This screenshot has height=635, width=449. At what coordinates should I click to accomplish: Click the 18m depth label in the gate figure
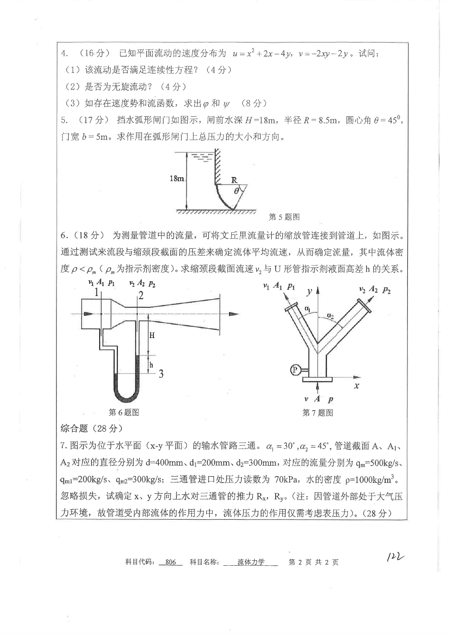[177, 179]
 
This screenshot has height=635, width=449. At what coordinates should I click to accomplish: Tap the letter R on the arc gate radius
[234, 180]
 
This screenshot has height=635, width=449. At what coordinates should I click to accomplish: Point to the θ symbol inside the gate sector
[236, 191]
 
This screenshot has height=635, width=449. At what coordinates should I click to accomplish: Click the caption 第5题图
[284, 217]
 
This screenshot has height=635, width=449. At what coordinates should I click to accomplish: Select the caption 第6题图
[124, 412]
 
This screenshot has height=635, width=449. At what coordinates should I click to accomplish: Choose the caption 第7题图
[318, 413]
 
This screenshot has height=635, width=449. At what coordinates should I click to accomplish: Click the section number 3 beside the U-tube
[161, 374]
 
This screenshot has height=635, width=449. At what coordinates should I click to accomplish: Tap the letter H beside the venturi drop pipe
[152, 335]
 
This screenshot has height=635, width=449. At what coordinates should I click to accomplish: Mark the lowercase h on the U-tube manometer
[151, 364]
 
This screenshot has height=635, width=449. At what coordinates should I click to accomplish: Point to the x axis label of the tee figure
[357, 386]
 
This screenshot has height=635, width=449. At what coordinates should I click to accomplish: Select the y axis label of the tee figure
[309, 292]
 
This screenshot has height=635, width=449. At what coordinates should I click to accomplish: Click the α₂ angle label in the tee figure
[331, 315]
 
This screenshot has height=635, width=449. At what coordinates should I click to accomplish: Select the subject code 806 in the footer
[171, 563]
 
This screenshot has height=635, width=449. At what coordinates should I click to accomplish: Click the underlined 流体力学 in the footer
[251, 563]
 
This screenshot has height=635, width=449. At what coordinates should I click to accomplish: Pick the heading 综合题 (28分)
[91, 428]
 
